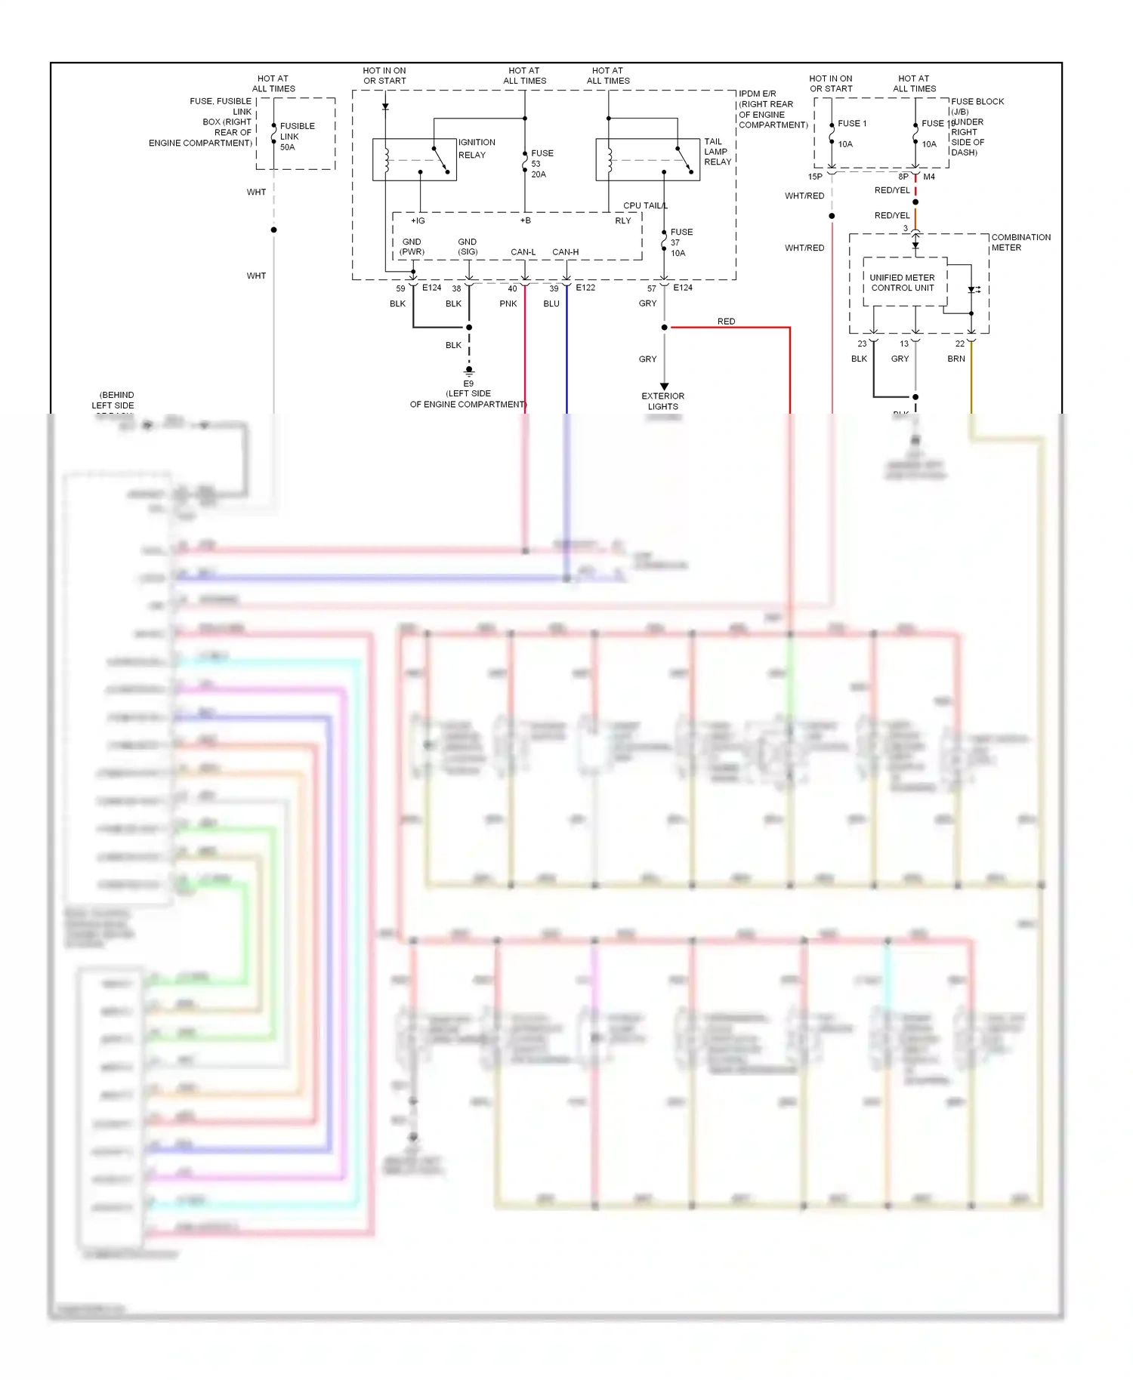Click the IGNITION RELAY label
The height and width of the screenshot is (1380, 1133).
tap(477, 149)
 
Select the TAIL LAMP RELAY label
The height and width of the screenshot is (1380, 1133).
tap(717, 152)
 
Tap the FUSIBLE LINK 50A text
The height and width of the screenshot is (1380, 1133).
tap(297, 137)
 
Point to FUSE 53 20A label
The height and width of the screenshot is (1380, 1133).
tap(542, 164)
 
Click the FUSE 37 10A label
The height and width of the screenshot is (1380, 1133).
tap(681, 242)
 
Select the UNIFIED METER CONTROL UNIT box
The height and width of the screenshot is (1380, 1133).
tap(903, 283)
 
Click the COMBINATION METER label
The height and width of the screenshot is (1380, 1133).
tap(1020, 242)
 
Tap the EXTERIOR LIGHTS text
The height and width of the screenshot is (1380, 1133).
tap(662, 401)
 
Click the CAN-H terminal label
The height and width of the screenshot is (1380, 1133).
tap(565, 252)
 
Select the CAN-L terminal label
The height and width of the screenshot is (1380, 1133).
tap(523, 252)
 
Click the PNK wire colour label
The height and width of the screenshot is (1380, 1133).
tap(508, 303)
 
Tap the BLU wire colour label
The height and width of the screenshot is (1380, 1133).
tap(551, 303)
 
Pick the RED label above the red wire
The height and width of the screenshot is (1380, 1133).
tap(726, 322)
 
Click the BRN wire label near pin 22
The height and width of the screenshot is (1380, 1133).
tap(955, 359)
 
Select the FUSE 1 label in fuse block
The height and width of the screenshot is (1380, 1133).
tap(852, 123)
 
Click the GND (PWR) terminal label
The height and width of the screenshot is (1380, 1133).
tap(412, 247)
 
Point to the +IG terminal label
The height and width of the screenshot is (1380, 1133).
tap(418, 220)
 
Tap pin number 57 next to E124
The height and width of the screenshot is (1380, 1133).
tap(651, 288)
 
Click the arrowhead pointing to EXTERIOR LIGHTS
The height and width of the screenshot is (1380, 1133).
tap(664, 387)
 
